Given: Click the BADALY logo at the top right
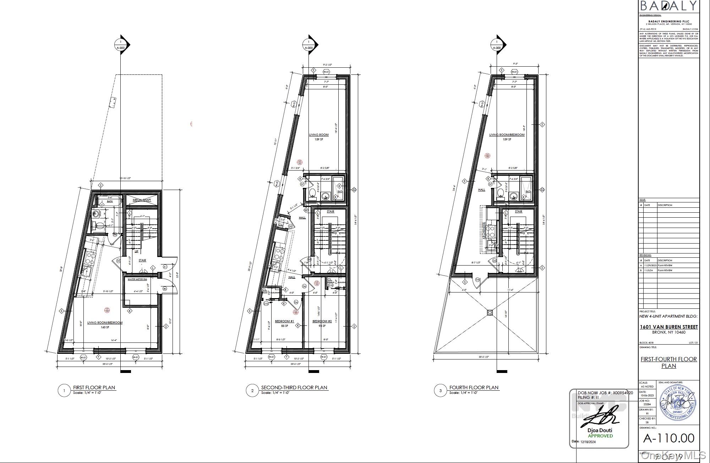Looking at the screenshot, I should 668,6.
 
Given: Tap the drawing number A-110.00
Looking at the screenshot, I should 668,438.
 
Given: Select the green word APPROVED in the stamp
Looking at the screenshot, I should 600,436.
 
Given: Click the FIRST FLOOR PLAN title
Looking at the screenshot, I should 94,387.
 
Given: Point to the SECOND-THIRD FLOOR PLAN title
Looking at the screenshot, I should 294,387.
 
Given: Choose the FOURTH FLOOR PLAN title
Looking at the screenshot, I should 474,387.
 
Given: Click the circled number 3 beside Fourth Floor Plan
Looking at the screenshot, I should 440,391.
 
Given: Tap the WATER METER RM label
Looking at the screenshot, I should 137,279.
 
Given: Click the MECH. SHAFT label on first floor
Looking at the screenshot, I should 142,200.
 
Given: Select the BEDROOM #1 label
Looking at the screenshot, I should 284,321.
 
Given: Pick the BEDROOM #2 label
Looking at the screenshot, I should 322,321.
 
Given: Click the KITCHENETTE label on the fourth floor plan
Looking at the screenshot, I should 484,230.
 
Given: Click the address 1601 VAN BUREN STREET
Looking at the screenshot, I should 668,327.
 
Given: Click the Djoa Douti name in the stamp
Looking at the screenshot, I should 600,430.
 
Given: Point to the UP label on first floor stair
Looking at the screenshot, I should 136,251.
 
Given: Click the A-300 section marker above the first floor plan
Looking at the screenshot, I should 121,48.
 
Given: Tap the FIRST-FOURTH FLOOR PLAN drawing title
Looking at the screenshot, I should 668,362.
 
